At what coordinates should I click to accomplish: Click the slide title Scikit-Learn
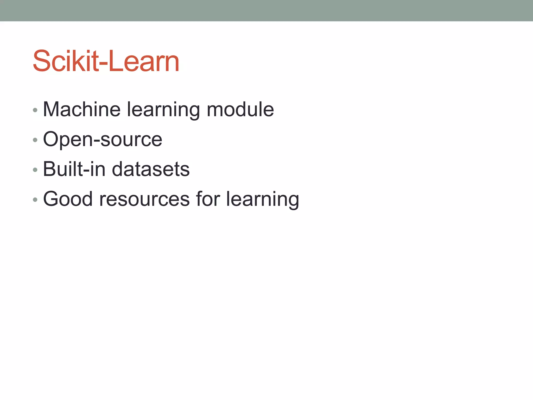click(x=106, y=61)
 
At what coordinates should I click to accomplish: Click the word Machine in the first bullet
click(x=81, y=109)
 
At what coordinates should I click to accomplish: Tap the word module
click(x=240, y=109)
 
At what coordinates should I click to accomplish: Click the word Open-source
click(x=103, y=140)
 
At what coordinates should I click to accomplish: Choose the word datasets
click(x=151, y=169)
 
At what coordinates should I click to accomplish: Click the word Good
click(x=68, y=199)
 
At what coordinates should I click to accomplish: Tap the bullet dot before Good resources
click(x=35, y=200)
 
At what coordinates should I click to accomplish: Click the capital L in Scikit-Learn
click(x=114, y=61)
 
